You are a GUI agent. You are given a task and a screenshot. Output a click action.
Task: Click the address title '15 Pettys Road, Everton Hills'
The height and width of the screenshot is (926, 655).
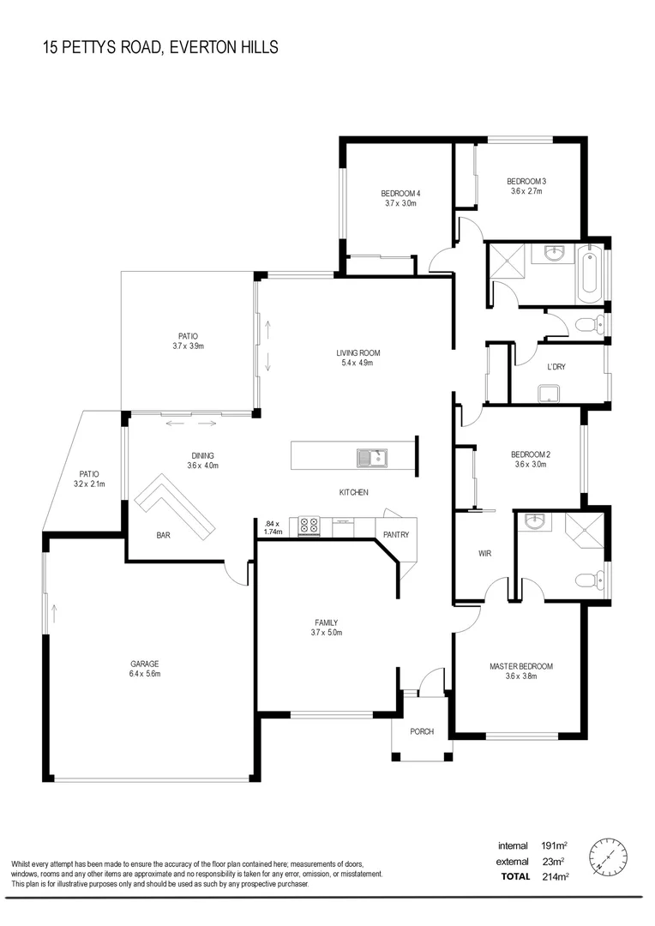(160, 47)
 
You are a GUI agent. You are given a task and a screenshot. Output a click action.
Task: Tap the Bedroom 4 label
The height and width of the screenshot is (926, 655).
(400, 193)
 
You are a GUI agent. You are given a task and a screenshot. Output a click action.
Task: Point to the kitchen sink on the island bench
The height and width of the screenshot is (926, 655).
(372, 458)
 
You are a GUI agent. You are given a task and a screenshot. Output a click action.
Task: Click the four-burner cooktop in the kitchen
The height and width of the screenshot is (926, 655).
(309, 526)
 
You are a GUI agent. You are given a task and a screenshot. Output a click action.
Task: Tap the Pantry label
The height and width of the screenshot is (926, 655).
(396, 534)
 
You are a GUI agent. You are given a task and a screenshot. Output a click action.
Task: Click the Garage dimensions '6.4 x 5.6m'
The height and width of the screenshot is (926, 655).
(145, 674)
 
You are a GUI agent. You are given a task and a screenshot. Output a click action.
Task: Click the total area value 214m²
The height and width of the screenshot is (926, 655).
(556, 876)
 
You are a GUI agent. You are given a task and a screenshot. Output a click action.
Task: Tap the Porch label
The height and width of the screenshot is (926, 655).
(421, 731)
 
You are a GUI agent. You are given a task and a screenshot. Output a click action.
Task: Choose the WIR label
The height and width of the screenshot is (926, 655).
(484, 554)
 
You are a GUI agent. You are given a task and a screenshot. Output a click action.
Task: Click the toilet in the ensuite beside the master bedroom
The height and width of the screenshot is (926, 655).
(586, 580)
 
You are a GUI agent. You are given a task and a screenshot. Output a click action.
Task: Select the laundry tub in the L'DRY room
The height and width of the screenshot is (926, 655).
(545, 394)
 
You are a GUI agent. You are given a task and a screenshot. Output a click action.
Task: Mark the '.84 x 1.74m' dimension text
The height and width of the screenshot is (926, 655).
(272, 527)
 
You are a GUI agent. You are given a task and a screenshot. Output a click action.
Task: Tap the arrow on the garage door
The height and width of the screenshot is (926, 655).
(54, 612)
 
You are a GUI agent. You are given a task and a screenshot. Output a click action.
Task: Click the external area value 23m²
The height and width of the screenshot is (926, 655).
(556, 861)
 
